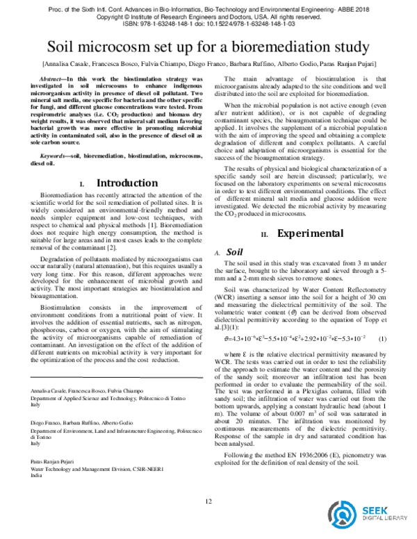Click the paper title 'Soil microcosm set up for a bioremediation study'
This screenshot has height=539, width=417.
pyautogui.click(x=208, y=48)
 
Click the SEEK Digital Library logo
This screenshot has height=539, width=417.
pyautogui.click(x=376, y=515)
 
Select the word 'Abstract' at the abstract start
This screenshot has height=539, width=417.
pyautogui.click(x=53, y=80)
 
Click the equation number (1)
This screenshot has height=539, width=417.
pyautogui.click(x=382, y=338)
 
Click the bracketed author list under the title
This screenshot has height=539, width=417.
pyautogui.click(x=208, y=65)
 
